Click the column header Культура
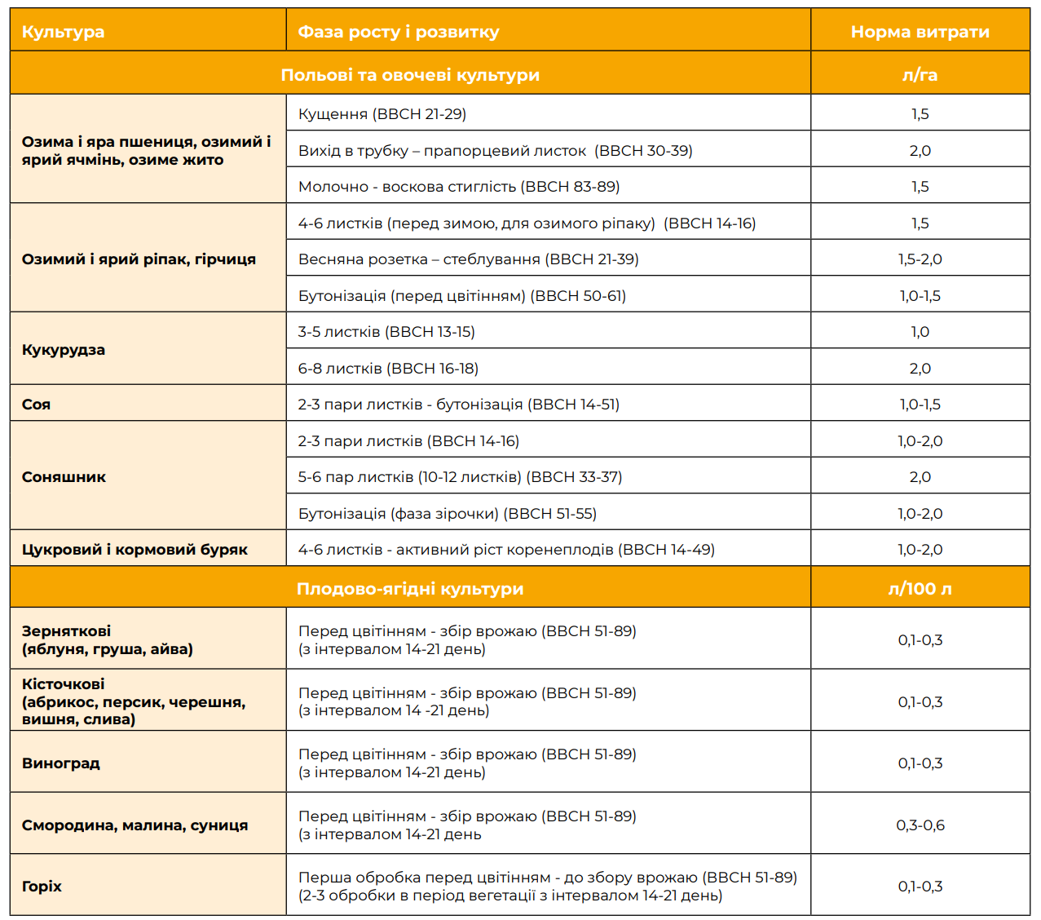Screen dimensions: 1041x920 (63, 32)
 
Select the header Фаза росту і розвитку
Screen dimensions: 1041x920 (398, 32)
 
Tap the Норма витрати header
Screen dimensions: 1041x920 (920, 32)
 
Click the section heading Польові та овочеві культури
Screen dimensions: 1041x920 (410, 75)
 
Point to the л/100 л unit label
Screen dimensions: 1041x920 (920, 588)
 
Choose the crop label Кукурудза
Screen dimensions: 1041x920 (64, 350)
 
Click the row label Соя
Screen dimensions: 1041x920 (36, 405)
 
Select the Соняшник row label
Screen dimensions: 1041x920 (64, 477)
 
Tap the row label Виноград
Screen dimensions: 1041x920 (60, 763)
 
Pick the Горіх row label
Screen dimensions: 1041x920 (42, 886)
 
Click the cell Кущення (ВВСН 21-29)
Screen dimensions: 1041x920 (382, 114)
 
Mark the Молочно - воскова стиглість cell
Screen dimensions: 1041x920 (459, 187)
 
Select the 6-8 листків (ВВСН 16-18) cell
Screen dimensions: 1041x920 (388, 369)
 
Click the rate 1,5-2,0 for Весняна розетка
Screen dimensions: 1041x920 (920, 259)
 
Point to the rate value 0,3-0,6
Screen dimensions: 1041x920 (920, 825)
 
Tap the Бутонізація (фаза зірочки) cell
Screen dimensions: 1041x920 (447, 514)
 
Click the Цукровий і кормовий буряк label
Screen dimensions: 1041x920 (135, 550)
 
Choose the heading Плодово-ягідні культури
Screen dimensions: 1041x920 (410, 588)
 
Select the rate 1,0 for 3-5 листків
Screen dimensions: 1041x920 (920, 332)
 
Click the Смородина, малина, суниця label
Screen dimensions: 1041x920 (135, 825)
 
